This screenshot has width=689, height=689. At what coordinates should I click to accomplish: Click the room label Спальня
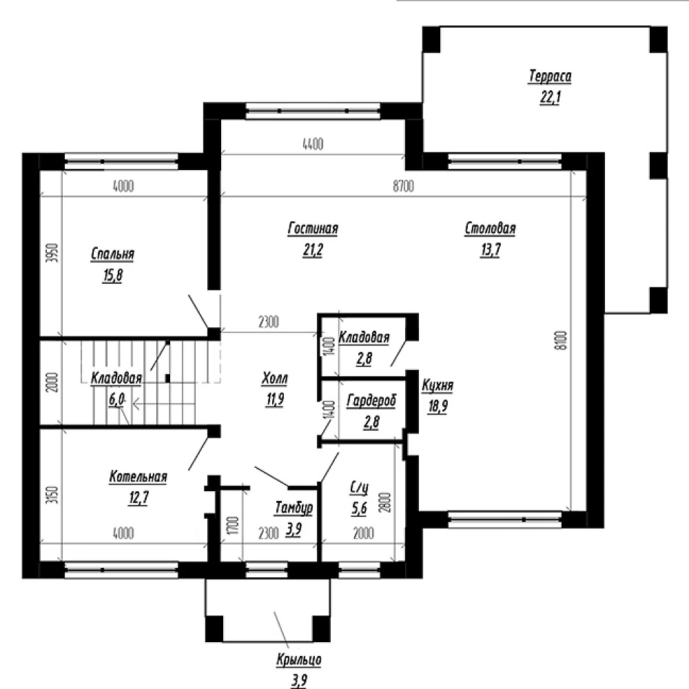pyautogui.click(x=112, y=254)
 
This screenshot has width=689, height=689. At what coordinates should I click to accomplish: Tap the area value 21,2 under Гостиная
pyautogui.click(x=313, y=249)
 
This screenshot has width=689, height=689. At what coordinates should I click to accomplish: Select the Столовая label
pyautogui.click(x=490, y=229)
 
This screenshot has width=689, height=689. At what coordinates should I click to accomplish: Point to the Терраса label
pyautogui.click(x=550, y=76)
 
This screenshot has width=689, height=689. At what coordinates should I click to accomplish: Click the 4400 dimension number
pyautogui.click(x=313, y=144)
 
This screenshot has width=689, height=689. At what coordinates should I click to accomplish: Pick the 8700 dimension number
pyautogui.click(x=403, y=186)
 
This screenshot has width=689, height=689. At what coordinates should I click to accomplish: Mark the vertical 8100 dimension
pyautogui.click(x=564, y=340)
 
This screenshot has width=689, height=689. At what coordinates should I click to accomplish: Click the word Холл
pyautogui.click(x=275, y=378)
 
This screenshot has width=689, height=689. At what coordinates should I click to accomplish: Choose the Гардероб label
pyautogui.click(x=371, y=401)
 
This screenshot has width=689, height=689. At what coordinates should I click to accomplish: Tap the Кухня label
pyautogui.click(x=438, y=385)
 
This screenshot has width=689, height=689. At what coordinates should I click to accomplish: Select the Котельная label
pyautogui.click(x=138, y=477)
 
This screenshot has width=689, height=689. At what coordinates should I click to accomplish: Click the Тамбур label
pyautogui.click(x=294, y=508)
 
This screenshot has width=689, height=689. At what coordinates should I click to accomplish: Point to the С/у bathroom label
pyautogui.click(x=359, y=488)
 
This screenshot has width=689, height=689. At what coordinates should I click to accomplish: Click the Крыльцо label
pyautogui.click(x=299, y=659)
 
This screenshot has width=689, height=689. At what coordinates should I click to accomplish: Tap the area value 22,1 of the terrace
pyautogui.click(x=550, y=97)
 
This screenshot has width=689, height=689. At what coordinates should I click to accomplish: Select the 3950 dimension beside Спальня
pyautogui.click(x=52, y=253)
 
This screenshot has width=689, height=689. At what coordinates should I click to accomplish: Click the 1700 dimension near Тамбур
pyautogui.click(x=234, y=525)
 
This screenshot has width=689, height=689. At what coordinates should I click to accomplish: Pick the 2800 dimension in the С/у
pyautogui.click(x=385, y=502)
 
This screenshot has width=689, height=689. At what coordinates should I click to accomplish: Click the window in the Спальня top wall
pyautogui.click(x=121, y=161)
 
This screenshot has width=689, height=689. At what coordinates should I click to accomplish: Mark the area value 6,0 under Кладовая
pyautogui.click(x=116, y=400)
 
